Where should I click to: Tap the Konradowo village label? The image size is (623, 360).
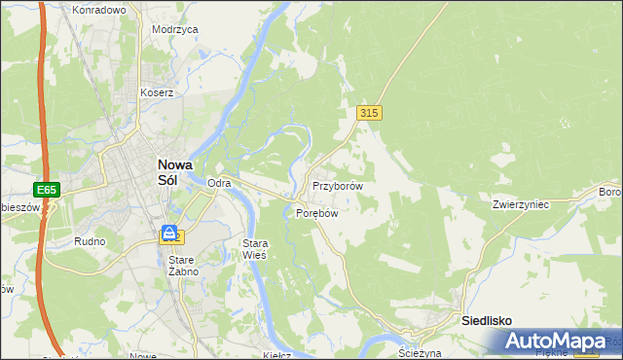pos(99,10)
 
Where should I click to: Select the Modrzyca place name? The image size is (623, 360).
pos(175,30)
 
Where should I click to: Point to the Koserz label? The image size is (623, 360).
pos(157,93)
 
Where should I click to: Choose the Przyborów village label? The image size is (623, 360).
pos(338,185)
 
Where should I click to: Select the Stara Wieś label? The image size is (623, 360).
pos(254,248)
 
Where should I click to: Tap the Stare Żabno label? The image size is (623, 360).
pos(183,266)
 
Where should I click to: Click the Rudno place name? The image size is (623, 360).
pos(89,240)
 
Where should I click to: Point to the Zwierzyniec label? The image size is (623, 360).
pos(522,205)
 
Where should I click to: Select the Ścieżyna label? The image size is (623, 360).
pos(421,353)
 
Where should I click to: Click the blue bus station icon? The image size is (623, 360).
pos(169,234)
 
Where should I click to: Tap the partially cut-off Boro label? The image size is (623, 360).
pos(610,191)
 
